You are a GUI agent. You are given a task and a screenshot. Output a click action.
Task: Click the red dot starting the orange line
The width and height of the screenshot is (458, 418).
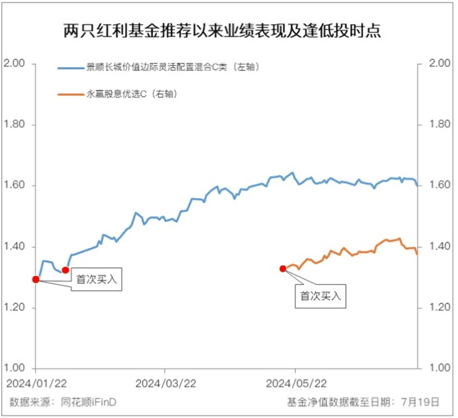tap(283, 269)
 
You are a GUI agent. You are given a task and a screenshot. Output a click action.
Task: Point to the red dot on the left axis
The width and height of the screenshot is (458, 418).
tap(35, 279)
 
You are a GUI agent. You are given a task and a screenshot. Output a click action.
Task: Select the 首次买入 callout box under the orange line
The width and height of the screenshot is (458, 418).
tap(321, 295)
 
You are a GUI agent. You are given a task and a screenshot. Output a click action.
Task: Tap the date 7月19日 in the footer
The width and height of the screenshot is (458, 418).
tap(421, 402)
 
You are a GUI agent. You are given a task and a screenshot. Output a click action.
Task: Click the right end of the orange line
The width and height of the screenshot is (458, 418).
tap(417, 254)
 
